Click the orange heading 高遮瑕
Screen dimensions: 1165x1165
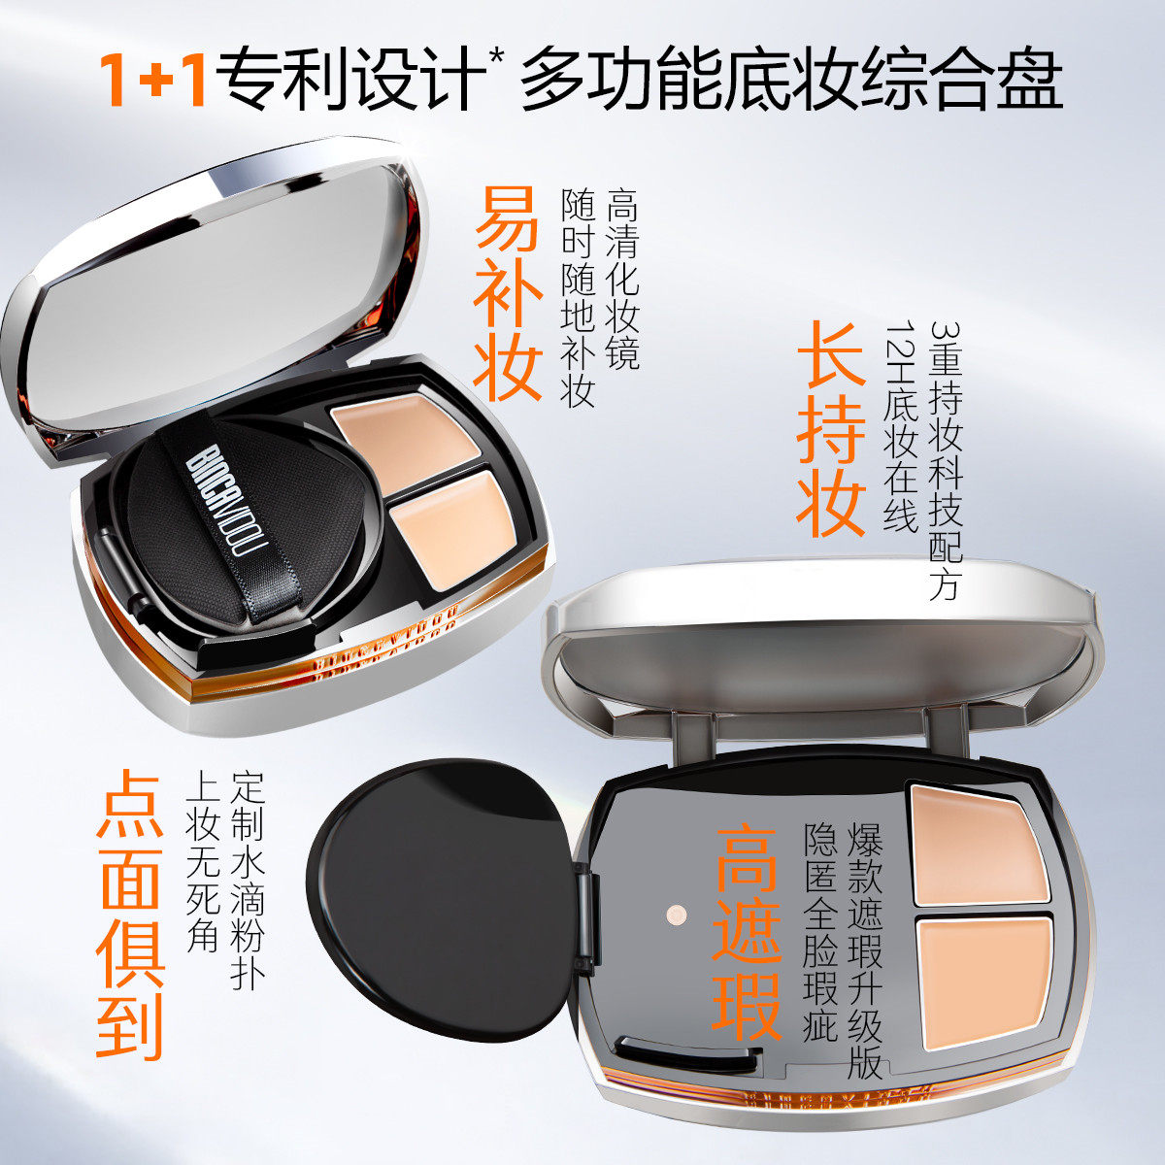[748, 933]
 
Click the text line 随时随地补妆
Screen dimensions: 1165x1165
[580, 297]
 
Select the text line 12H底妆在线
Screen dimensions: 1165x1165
[900, 427]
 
